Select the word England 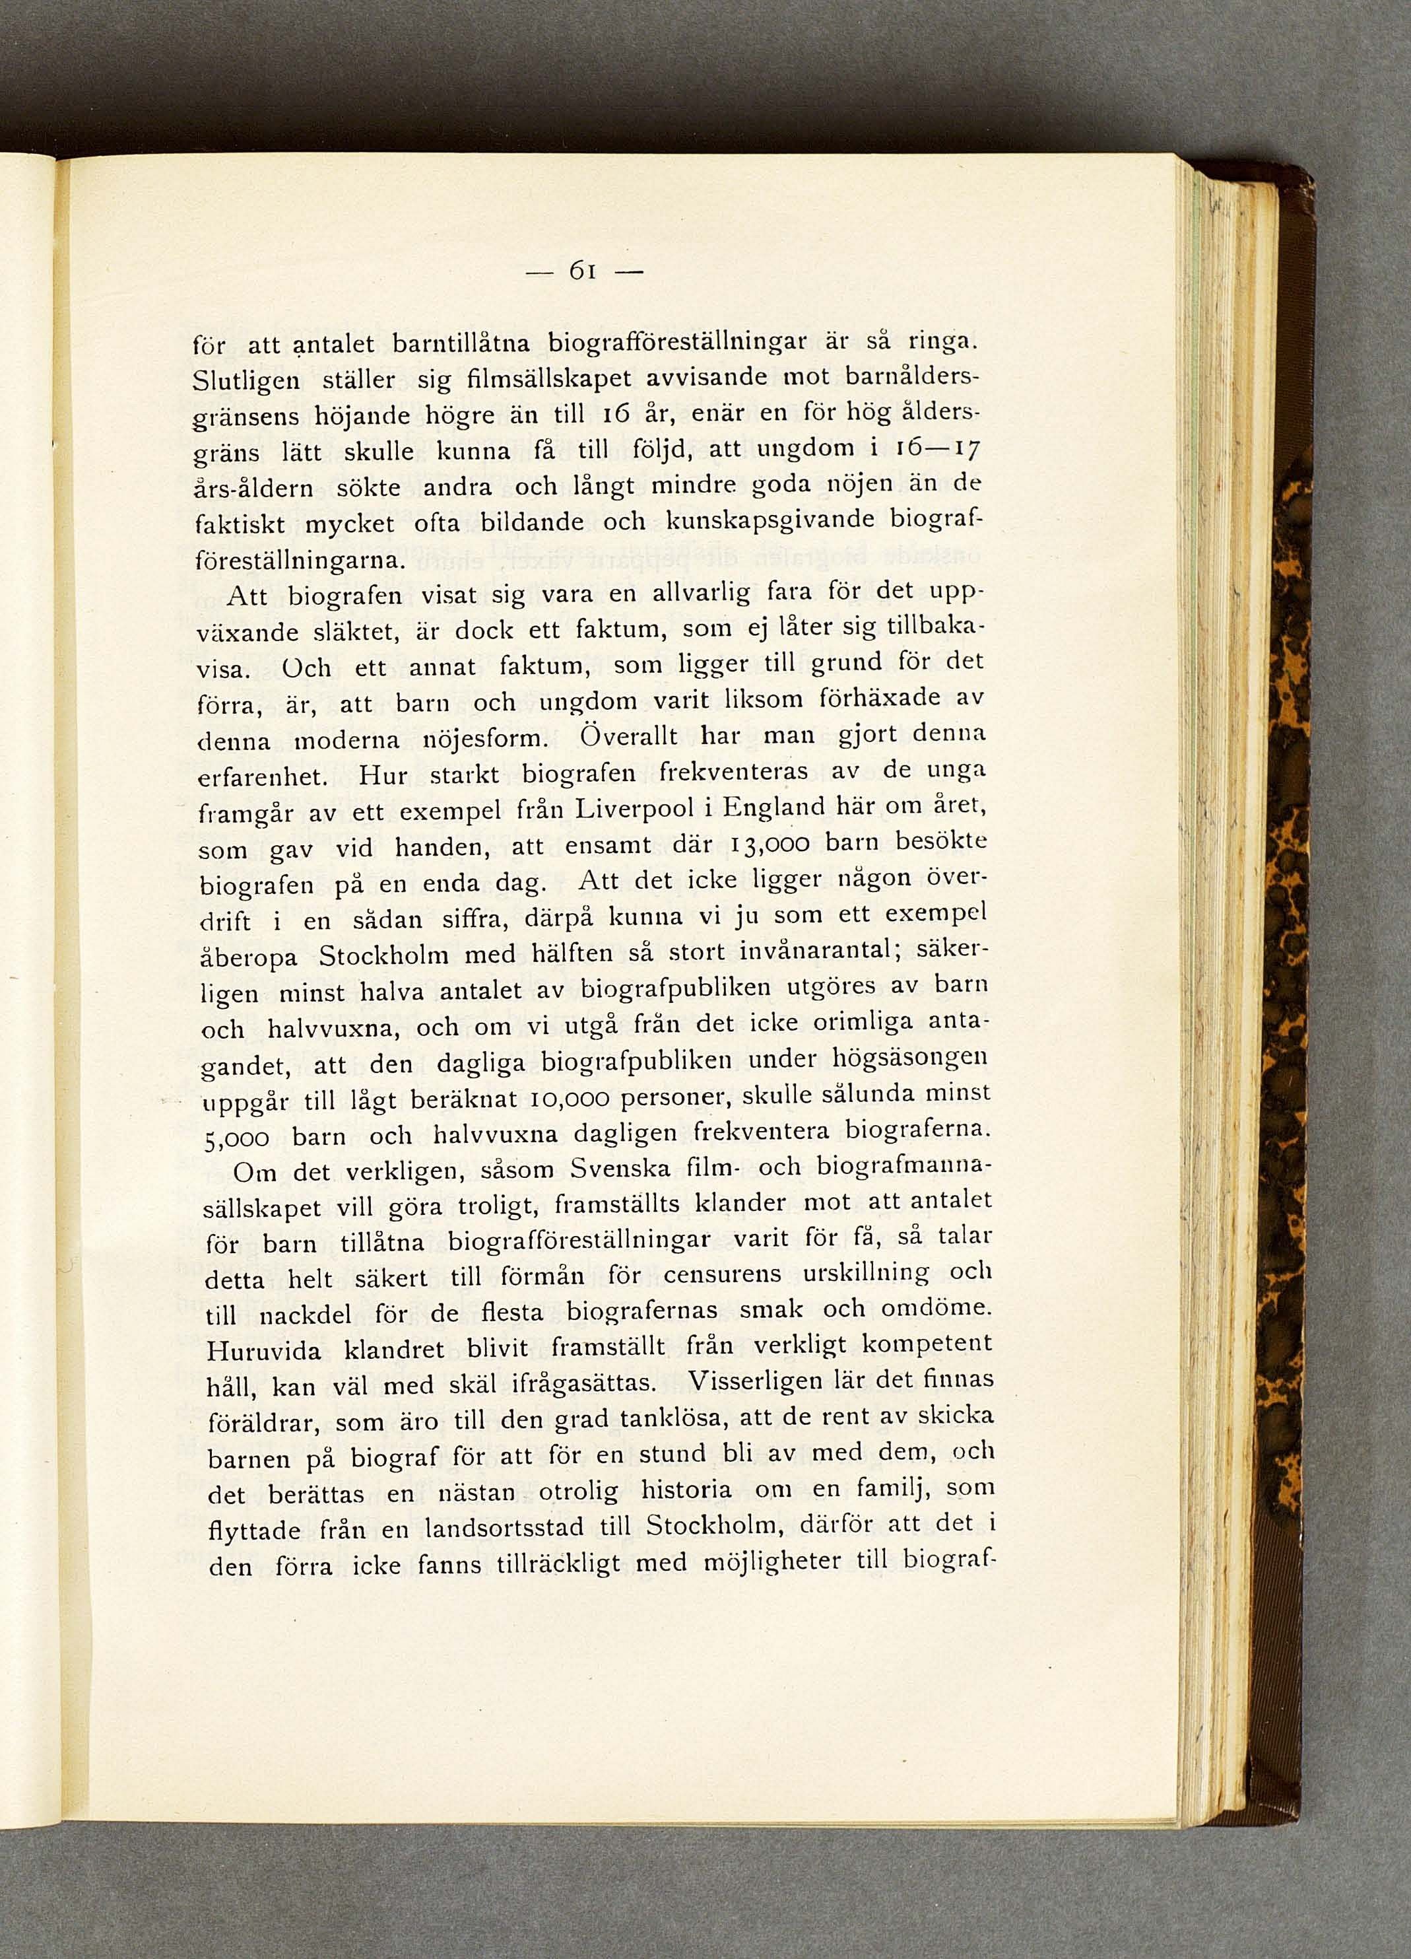click(773, 811)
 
